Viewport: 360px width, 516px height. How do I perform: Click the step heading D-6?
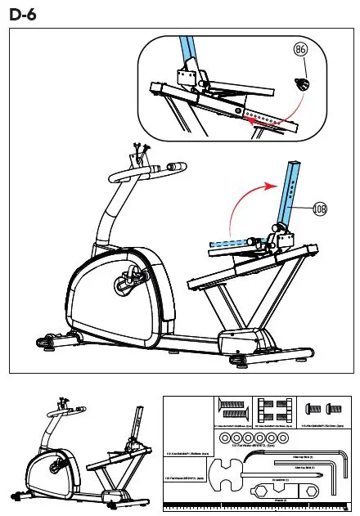(24, 14)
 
